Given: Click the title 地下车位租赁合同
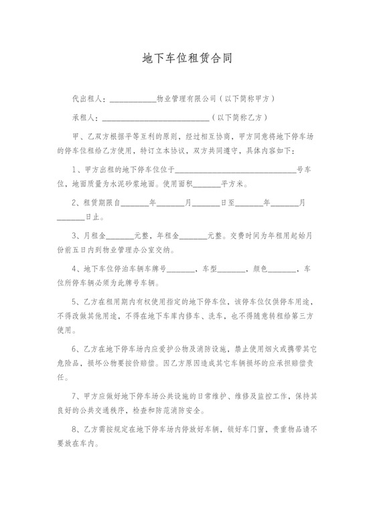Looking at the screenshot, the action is pos(187,58).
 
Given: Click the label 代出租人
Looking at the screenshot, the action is pos(89,98).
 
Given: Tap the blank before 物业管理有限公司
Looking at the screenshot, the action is pos(132,100).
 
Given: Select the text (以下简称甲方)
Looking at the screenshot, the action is pos(246,98).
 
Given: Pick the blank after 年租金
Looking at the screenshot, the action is pos(193,237).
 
